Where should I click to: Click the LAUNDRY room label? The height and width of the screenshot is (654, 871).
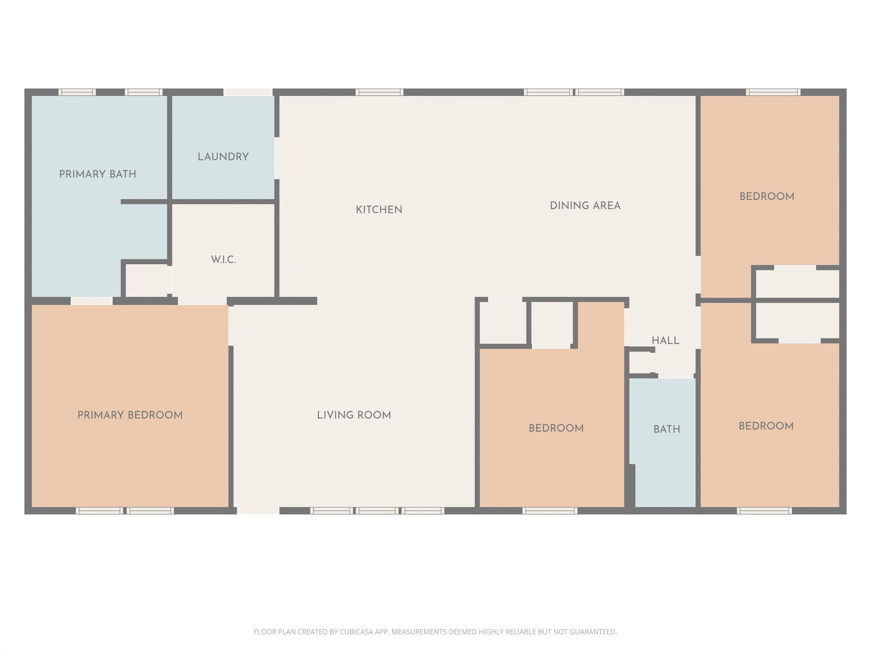pyautogui.click(x=223, y=157)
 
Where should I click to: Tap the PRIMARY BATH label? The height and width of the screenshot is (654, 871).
pyautogui.click(x=97, y=174)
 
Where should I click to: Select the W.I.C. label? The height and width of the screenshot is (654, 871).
pyautogui.click(x=223, y=260)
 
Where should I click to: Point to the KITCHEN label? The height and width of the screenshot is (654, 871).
pyautogui.click(x=379, y=210)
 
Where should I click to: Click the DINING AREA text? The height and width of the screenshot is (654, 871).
pyautogui.click(x=585, y=206)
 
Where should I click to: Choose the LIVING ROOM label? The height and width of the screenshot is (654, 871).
pyautogui.click(x=354, y=415)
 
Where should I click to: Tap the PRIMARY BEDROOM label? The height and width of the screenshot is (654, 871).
pyautogui.click(x=130, y=415)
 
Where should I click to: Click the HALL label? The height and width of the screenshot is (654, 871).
pyautogui.click(x=665, y=341)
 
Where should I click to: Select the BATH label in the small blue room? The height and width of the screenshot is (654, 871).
pyautogui.click(x=666, y=429)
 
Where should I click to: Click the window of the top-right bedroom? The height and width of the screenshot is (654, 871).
pyautogui.click(x=773, y=92)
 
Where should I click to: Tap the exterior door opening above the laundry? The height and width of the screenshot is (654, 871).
pyautogui.click(x=248, y=92)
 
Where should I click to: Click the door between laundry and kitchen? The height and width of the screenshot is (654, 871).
pyautogui.click(x=277, y=158)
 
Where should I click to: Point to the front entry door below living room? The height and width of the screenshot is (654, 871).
pyautogui.click(x=258, y=511)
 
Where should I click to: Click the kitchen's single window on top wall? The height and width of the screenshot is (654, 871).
pyautogui.click(x=379, y=92)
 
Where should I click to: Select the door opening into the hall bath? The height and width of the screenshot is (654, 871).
pyautogui.click(x=676, y=376)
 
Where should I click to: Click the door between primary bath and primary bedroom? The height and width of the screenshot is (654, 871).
pyautogui.click(x=91, y=301)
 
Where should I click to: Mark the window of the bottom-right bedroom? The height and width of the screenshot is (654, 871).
pyautogui.click(x=764, y=511)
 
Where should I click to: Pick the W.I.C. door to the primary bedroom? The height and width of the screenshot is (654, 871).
pyautogui.click(x=202, y=301)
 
